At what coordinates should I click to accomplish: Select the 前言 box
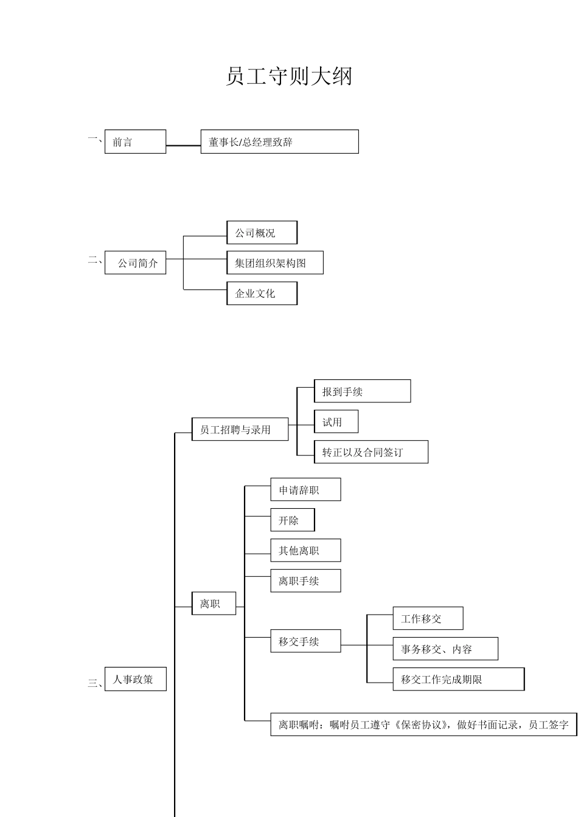[135, 142]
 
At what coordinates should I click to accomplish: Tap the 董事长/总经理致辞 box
[279, 142]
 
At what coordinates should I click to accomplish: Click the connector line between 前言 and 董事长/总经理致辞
[183, 145]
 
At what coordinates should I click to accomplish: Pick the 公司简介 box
[135, 263]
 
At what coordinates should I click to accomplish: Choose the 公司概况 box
[262, 233]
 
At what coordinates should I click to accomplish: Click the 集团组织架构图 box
[274, 263]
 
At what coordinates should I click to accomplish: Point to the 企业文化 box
[262, 293]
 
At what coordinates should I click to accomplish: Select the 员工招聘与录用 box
[240, 429]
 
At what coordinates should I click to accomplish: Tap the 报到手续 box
[362, 391]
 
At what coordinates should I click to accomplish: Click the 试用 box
[336, 422]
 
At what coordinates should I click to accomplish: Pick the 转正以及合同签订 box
[371, 452]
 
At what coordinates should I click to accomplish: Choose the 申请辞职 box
[305, 489]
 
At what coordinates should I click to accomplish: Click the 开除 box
[293, 520]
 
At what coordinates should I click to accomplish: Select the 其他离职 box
[305, 551]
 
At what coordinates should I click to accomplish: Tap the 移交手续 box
[305, 641]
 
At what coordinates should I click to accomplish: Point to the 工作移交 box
[428, 619]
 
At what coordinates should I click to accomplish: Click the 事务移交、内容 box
[445, 649]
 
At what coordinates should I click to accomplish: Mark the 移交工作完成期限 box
[458, 679]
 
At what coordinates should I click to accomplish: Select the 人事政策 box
[135, 679]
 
